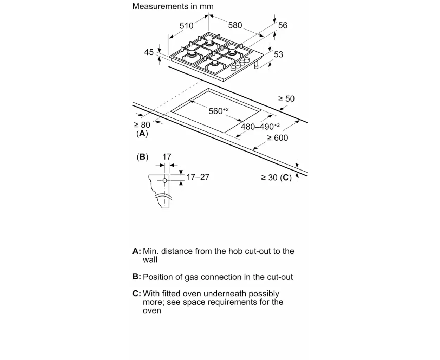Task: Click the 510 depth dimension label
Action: tap(186, 26)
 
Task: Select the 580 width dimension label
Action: tap(235, 25)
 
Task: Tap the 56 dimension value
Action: tap(283, 25)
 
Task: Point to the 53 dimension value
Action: tap(278, 54)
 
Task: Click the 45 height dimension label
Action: tap(149, 52)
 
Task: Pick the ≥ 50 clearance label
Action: tap(286, 99)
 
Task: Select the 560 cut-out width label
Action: tap(219, 111)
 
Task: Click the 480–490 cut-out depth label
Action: tap(260, 126)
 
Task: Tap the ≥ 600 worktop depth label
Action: tap(278, 138)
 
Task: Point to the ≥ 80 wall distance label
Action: tap(142, 125)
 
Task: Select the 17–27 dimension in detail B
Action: tap(198, 177)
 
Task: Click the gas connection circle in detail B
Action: tap(165, 180)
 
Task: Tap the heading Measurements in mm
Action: tap(173, 6)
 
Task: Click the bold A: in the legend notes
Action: tap(137, 251)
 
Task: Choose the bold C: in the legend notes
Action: tap(137, 294)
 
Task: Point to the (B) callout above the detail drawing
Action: tap(142, 157)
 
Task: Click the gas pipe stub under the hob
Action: tap(257, 65)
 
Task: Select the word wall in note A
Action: tap(150, 259)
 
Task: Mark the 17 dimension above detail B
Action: tap(167, 157)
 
